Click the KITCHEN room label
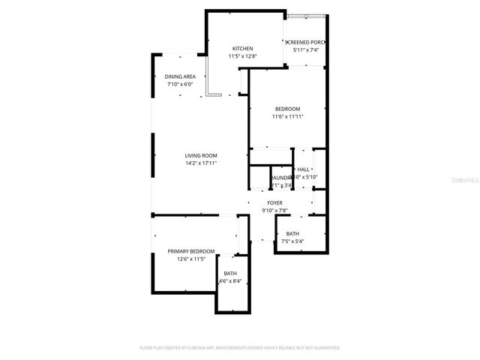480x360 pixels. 242,49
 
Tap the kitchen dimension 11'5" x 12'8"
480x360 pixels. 242,56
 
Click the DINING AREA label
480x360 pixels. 180,76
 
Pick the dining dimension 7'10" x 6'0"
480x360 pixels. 180,84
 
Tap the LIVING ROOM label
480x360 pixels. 201,155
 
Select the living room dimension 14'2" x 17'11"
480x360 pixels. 201,163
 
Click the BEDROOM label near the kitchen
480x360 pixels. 287,109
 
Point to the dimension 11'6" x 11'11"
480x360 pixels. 287,116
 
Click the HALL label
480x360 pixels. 303,169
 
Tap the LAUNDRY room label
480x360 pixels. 280,178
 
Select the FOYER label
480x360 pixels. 275,203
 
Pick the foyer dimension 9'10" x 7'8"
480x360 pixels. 275,211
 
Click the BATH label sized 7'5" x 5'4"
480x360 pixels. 292,234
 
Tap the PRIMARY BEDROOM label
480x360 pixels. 191,251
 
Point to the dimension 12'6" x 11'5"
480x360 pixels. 191,259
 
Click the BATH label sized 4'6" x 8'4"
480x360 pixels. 229,274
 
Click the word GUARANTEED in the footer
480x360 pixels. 325,348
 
